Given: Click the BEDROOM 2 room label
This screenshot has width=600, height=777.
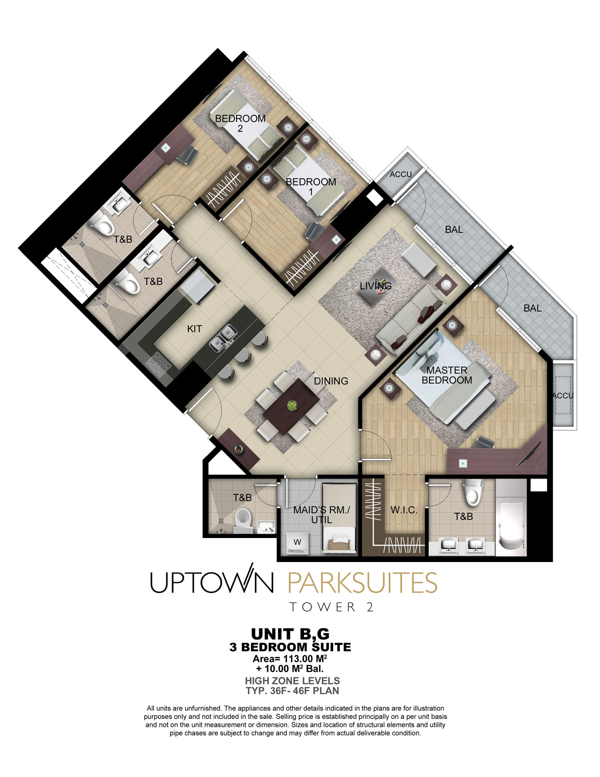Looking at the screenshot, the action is point(240,123).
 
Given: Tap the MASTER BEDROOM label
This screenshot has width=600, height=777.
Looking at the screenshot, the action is point(447,375).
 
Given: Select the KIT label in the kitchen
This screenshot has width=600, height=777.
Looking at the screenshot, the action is point(194,329).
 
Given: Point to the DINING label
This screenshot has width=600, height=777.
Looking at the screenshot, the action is point(331,381).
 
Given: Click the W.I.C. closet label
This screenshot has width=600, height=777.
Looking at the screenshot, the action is point(404,510).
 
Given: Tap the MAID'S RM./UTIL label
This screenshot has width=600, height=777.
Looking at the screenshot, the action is point(322,515).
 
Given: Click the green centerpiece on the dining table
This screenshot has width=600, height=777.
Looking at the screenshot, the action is point(292,406).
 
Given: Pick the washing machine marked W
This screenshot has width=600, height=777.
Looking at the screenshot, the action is point(297,543).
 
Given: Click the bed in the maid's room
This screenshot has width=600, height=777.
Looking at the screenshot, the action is point(339,519).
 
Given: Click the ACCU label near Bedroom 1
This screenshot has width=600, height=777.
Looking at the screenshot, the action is point(400,175).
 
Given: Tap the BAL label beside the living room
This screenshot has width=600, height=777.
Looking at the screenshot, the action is point(454,230).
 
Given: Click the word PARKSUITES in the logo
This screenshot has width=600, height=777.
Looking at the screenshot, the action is point(362,582).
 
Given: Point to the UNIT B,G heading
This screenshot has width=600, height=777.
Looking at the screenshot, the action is point(290,634).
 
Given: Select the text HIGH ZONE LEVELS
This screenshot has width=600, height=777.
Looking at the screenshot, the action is point(292,681).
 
